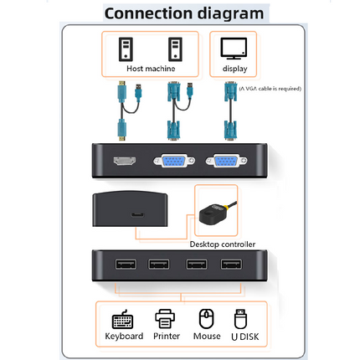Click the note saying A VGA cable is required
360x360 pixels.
coord(270,88)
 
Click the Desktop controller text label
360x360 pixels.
coord(222,244)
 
